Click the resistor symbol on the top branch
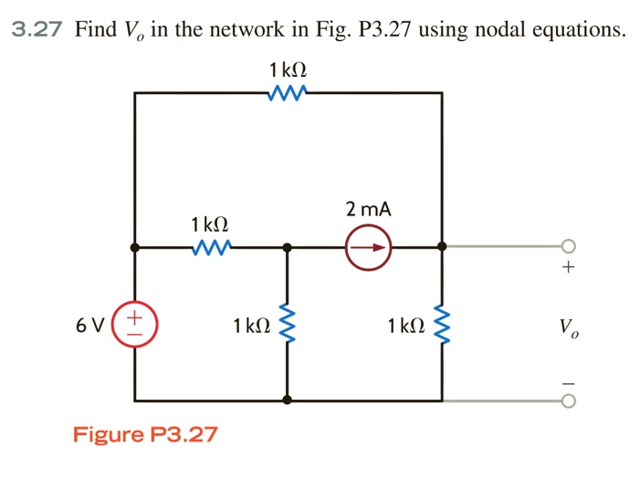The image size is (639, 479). [288, 92]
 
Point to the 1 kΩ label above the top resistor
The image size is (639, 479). [288, 70]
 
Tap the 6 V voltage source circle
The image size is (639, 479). [134, 324]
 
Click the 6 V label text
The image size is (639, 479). [91, 325]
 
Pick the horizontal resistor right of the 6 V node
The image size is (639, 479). [211, 246]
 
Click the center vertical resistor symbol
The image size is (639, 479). [288, 324]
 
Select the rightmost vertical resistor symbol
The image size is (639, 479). [443, 324]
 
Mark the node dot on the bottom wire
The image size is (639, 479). [288, 400]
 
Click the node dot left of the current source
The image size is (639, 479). [288, 246]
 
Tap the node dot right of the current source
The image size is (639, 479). [443, 246]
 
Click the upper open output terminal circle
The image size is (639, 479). [569, 246]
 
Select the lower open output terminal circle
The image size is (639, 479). [569, 400]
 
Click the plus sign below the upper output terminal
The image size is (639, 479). [569, 268]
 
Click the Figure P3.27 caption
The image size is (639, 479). [146, 433]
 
